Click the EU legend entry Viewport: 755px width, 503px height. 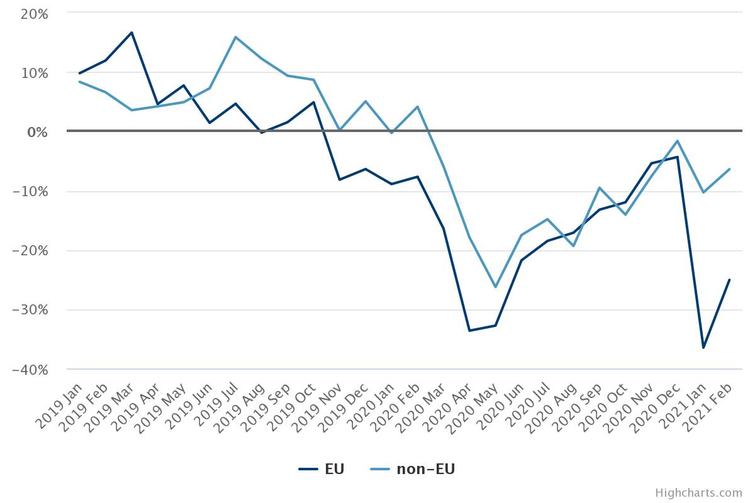pyautogui.click(x=322, y=469)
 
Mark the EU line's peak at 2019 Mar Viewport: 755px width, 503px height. pyautogui.click(x=131, y=32)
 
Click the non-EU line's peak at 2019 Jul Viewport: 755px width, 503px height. pyautogui.click(x=235, y=37)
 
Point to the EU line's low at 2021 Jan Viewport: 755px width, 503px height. pyautogui.click(x=703, y=348)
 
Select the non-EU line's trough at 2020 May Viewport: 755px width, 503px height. pyautogui.click(x=495, y=287)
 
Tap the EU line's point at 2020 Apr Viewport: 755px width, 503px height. pyautogui.click(x=469, y=330)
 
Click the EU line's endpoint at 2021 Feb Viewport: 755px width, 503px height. pyautogui.click(x=729, y=279)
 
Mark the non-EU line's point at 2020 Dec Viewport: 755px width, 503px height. pyautogui.click(x=677, y=141)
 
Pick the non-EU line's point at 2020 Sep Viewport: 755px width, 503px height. pyautogui.click(x=599, y=187)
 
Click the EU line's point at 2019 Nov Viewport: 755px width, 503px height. pyautogui.click(x=339, y=180)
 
